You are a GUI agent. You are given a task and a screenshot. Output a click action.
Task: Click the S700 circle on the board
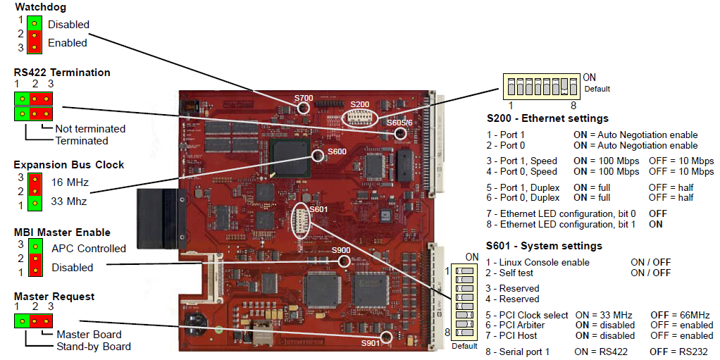click(304, 107)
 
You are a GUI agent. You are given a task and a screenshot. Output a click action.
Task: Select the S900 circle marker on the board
click(344, 261)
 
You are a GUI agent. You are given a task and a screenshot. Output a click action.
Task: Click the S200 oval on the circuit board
click(360, 116)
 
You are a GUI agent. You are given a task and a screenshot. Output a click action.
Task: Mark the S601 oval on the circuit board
click(301, 220)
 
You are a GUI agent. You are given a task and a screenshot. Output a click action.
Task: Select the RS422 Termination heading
click(62, 72)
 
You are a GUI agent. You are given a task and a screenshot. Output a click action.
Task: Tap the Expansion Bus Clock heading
click(68, 165)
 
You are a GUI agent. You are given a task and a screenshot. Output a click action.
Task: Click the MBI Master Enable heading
click(62, 232)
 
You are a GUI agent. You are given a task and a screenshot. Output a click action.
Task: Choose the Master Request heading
click(54, 297)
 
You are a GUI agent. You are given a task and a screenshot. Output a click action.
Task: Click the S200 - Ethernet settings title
click(547, 118)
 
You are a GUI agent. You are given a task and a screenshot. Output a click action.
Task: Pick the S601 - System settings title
click(544, 246)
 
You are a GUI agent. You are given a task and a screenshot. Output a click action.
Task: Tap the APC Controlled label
click(88, 248)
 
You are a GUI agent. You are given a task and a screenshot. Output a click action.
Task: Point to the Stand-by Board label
click(93, 346)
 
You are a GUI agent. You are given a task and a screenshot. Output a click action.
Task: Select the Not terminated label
click(91, 129)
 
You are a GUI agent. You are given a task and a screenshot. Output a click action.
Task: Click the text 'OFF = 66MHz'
click(680, 315)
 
